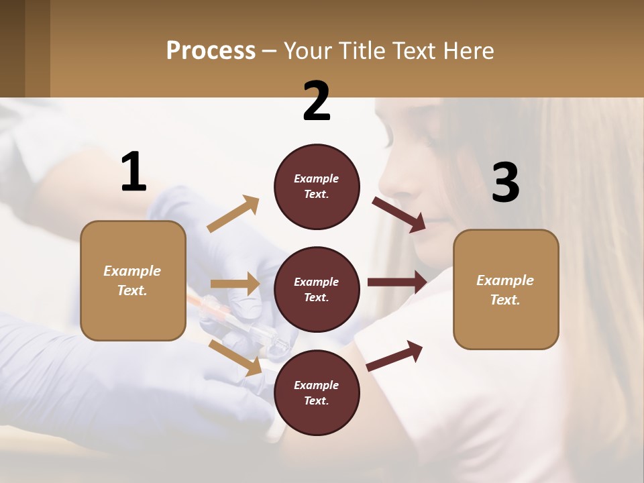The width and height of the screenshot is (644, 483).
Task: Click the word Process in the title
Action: pyautogui.click(x=211, y=51)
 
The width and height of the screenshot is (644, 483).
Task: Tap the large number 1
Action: pyautogui.click(x=133, y=172)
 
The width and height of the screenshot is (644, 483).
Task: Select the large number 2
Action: pyautogui.click(x=317, y=101)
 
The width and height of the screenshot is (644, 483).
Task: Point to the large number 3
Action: pyautogui.click(x=505, y=182)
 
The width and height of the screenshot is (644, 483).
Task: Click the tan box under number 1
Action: pyautogui.click(x=133, y=280)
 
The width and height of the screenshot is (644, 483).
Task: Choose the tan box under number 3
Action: pyautogui.click(x=506, y=289)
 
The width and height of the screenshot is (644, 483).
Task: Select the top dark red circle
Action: pyautogui.click(x=317, y=186)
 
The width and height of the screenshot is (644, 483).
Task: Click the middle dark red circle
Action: pyautogui.click(x=317, y=289)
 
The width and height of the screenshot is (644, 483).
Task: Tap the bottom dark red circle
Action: pyautogui.click(x=317, y=392)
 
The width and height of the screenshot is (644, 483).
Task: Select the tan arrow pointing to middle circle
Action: pyautogui.click(x=235, y=284)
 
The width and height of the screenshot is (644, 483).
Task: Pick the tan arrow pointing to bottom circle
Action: pyautogui.click(x=235, y=358)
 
